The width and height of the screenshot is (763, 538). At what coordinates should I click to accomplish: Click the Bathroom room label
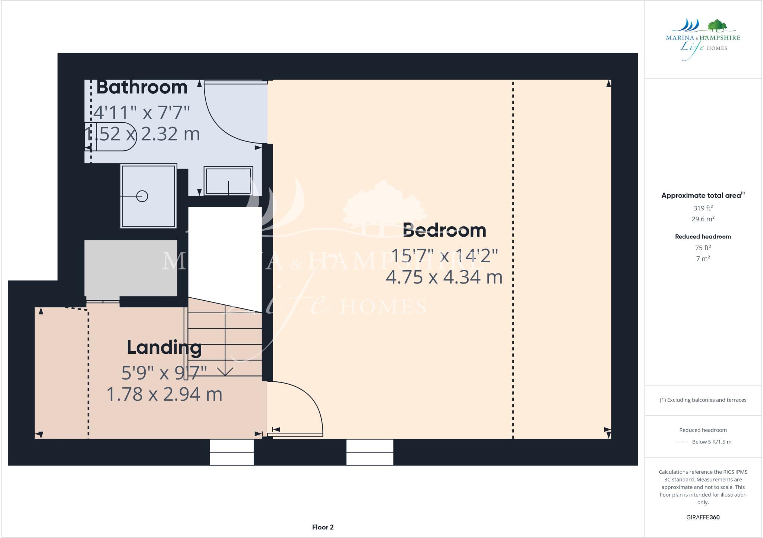(x=142, y=87)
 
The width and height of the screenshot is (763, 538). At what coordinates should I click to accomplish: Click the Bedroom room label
(x=444, y=230)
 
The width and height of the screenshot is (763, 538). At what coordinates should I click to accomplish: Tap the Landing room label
(x=164, y=347)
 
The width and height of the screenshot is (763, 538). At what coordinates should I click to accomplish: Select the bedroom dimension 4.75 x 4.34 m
(x=444, y=277)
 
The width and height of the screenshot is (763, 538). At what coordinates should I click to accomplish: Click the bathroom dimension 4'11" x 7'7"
(x=142, y=112)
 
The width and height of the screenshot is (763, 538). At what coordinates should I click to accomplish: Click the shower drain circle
(x=142, y=196)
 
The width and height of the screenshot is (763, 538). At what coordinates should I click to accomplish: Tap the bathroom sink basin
(x=228, y=181)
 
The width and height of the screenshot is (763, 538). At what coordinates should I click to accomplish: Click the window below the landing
(x=232, y=452)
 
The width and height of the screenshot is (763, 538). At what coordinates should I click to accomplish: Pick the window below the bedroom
(x=370, y=452)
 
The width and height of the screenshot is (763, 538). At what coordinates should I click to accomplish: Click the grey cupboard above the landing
(x=131, y=268)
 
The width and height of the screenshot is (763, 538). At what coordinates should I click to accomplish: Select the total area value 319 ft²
(x=703, y=208)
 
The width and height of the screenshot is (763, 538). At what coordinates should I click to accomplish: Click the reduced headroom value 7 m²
(x=703, y=259)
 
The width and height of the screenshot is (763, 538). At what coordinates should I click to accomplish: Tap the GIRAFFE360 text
(x=703, y=517)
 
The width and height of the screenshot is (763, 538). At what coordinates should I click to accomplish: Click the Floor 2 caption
(x=323, y=527)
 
